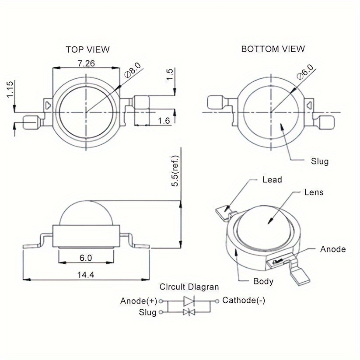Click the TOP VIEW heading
87,49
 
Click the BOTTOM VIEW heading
273,49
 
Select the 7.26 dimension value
86,63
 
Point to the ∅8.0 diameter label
133,71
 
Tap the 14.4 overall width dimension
86,275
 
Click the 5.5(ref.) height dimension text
175,171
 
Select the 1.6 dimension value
164,120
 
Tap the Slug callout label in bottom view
319,161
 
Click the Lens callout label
314,192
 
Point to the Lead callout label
272,180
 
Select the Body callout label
263,281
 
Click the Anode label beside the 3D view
333,249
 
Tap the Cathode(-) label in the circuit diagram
244,301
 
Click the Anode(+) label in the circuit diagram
139,301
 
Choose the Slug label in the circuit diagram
147,312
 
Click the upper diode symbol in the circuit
189,301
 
